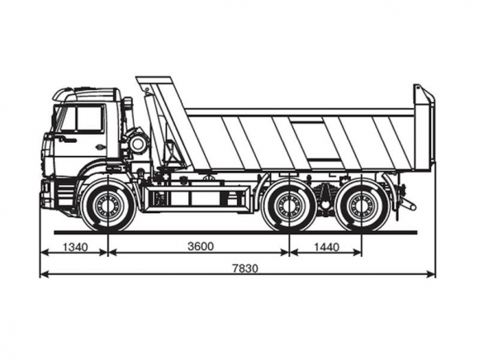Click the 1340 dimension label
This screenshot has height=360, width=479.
[75, 247]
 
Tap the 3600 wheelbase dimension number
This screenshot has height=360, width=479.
[201, 246]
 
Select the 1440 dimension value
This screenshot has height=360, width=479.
[326, 247]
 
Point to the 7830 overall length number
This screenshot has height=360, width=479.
[245, 268]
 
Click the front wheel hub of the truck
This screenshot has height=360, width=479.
[108, 206]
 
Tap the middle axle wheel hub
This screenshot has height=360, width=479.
[289, 206]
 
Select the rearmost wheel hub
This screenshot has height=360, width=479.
[362, 206]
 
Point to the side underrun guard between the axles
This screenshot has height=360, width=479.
[196, 198]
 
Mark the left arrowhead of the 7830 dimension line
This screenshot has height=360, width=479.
[45, 274]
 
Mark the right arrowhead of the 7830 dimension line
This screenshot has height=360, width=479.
[431, 274]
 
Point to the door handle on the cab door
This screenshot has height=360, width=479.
[100, 147]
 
